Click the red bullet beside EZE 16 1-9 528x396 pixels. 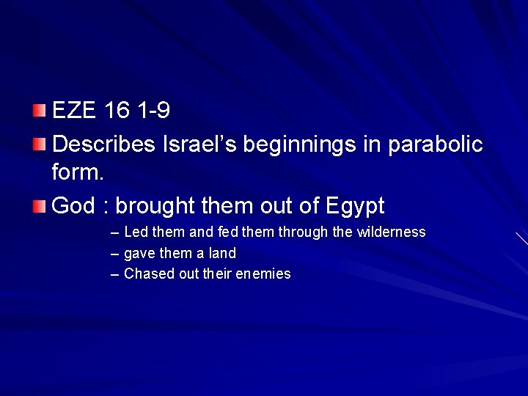[x=39, y=111]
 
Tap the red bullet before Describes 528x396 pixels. [x=39, y=143]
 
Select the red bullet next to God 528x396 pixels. [x=39, y=206]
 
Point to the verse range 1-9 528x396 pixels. [x=155, y=111]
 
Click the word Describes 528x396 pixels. [x=103, y=143]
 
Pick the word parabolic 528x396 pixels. [x=439, y=143]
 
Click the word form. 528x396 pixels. [x=78, y=174]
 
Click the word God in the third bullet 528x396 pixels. [x=74, y=206]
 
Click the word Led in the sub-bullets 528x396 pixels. [x=135, y=232]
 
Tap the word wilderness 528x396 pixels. [x=390, y=232]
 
